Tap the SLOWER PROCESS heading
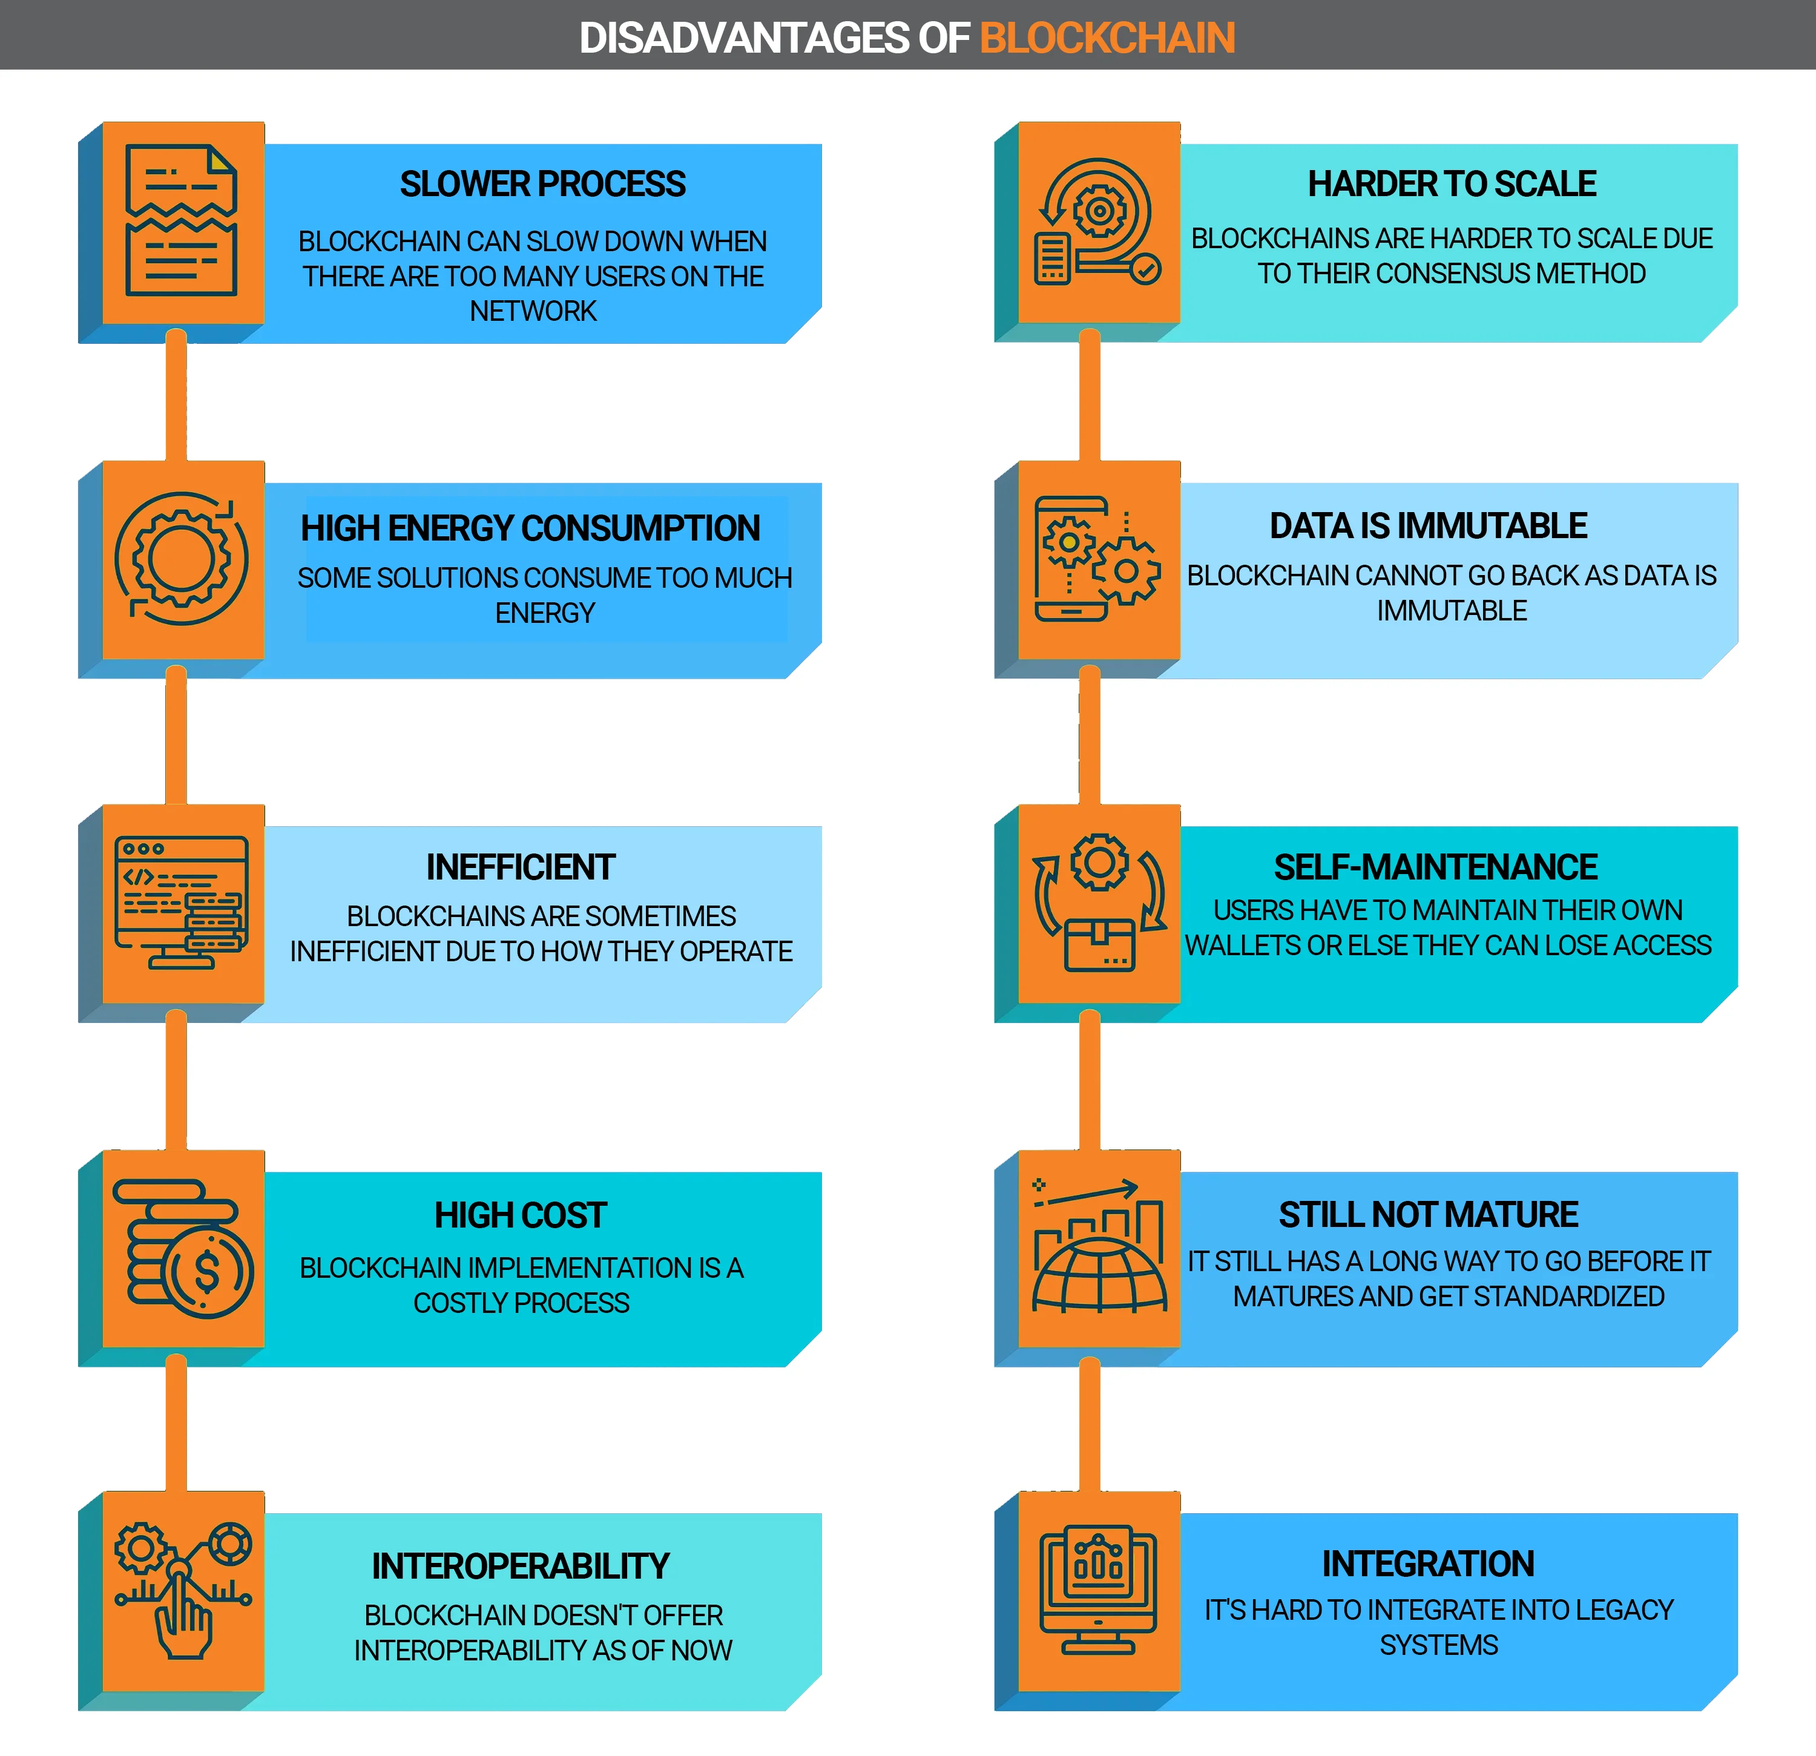point(543,183)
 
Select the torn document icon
point(182,220)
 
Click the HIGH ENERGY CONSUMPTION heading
point(530,528)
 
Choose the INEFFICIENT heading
point(521,867)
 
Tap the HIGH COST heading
point(521,1215)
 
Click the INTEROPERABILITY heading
point(521,1566)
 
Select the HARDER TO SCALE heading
point(1452,183)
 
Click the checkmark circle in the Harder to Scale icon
point(1146,269)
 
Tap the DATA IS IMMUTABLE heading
point(1428,525)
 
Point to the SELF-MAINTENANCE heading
point(1435,867)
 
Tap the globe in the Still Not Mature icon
point(1100,1276)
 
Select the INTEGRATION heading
point(1428,1564)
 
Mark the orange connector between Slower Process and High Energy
point(176,396)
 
